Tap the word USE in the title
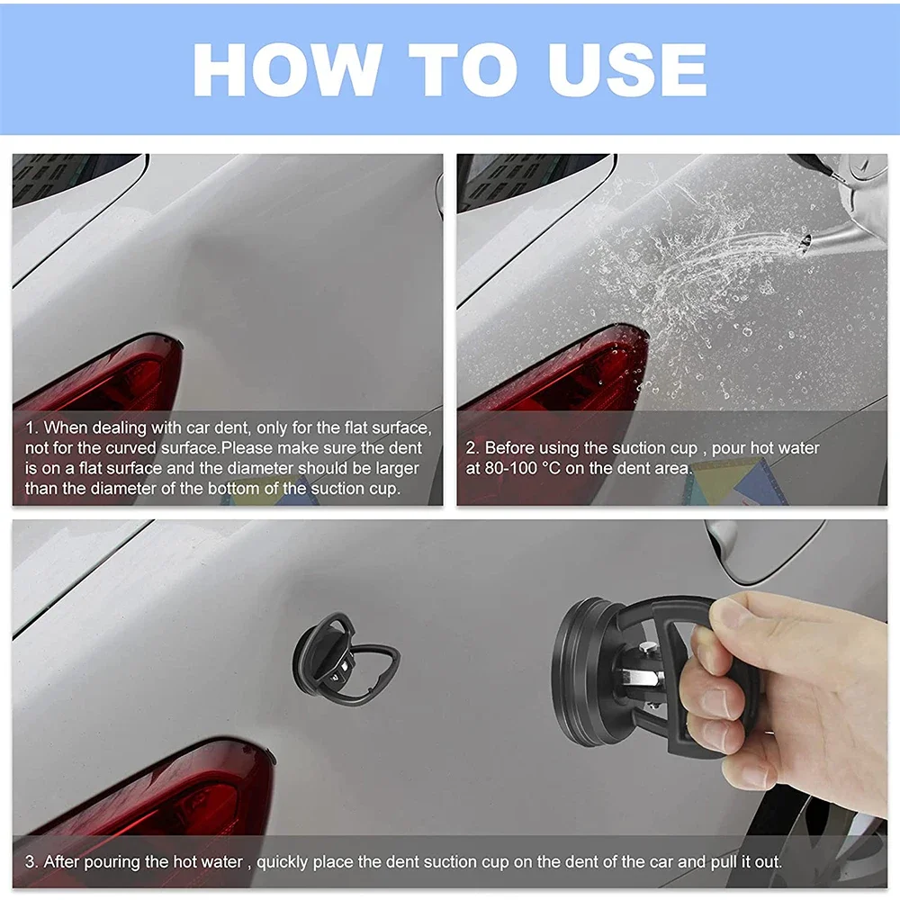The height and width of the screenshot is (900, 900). [614, 69]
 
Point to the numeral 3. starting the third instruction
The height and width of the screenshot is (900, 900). [31, 861]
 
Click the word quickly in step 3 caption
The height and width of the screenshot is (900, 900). [284, 861]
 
